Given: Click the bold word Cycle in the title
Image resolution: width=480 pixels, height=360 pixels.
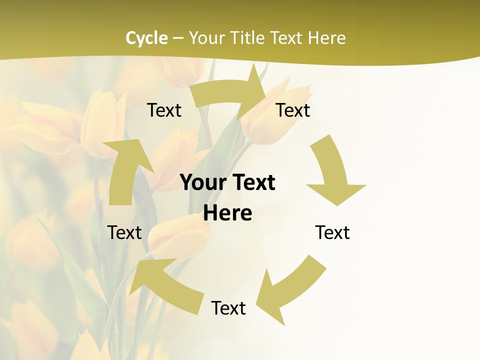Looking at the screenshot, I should [146, 38].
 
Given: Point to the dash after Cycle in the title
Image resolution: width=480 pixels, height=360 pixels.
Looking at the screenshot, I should [178, 38].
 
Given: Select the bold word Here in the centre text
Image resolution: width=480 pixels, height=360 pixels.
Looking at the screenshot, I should [227, 213].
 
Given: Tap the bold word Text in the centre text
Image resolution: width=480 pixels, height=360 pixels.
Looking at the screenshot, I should [252, 183].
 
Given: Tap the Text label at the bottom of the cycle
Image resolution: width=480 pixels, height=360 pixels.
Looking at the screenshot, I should [228, 308].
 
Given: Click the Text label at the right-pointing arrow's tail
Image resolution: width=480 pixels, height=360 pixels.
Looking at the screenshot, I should [164, 110].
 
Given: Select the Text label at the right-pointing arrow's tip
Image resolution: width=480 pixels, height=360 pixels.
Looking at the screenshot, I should [293, 110].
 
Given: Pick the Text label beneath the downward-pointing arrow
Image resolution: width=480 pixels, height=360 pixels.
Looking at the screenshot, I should [332, 232].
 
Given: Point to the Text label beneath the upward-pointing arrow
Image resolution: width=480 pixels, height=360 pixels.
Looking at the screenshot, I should [125, 232].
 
